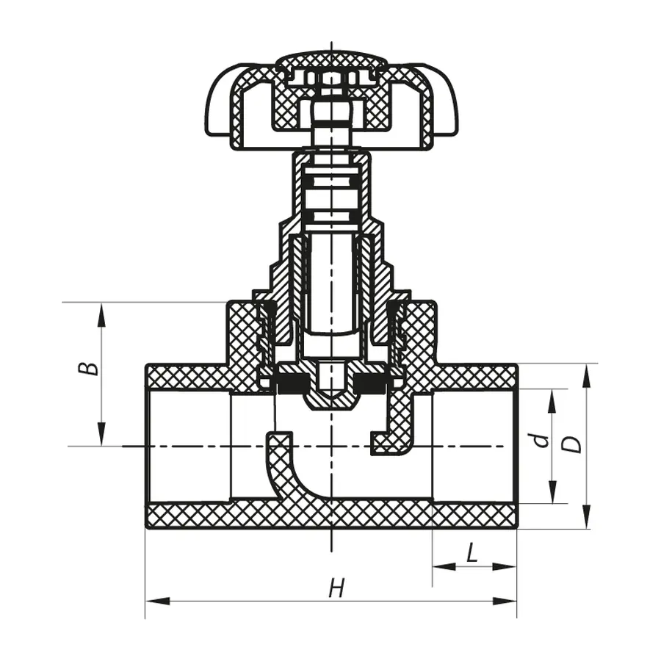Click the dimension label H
pyautogui.click(x=336, y=588)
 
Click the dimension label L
pyautogui.click(x=472, y=552)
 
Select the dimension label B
pyautogui.click(x=89, y=366)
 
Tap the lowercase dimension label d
pyautogui.click(x=541, y=440)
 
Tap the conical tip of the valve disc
pyautogui.click(x=332, y=401)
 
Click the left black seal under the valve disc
pyautogui.click(x=292, y=383)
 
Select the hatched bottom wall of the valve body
pyautogui.click(x=330, y=515)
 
